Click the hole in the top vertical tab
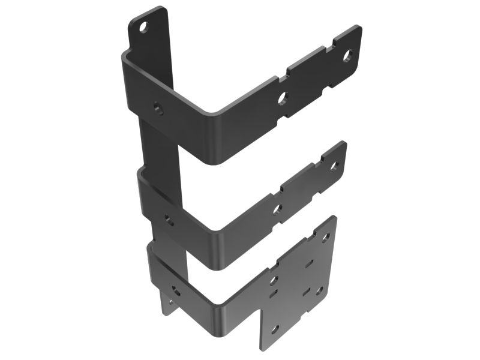143,27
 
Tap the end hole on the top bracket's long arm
347,57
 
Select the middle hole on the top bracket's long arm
283,97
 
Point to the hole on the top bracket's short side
158,108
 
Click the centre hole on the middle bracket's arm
277,209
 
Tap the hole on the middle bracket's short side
170,220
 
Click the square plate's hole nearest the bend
274,280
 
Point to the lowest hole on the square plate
275,329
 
